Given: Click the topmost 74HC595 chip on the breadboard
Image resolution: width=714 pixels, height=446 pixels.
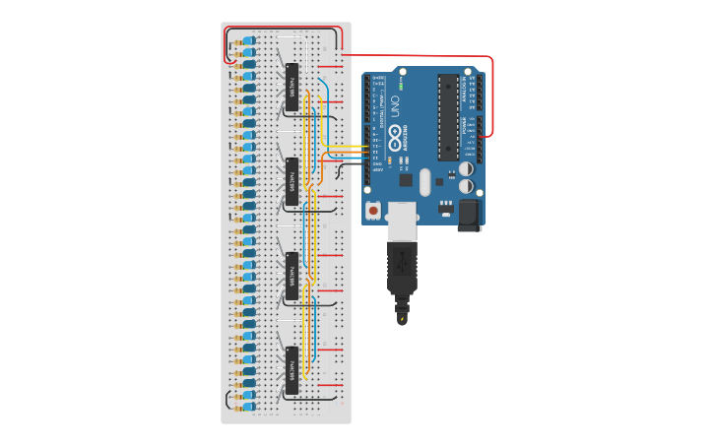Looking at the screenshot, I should tap(292, 87).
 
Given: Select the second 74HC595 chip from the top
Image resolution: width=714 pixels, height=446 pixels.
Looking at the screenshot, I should tap(292, 181).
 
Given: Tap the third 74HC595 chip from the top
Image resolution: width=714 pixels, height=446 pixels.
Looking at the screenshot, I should tap(292, 276).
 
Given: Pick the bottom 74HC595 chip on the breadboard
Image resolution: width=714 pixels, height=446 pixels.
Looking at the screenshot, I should tap(292, 370).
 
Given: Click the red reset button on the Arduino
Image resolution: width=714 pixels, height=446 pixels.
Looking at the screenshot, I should tap(373, 210).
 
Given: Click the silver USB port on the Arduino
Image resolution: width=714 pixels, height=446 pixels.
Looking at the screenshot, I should tap(402, 221).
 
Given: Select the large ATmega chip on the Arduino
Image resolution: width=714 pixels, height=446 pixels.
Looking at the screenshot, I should tap(448, 116).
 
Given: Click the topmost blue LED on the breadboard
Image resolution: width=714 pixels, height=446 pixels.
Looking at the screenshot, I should tap(248, 40).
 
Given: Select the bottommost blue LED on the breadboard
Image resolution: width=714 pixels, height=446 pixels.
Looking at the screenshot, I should tap(248, 406).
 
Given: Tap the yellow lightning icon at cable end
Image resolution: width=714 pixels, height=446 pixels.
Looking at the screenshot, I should tap(402, 318).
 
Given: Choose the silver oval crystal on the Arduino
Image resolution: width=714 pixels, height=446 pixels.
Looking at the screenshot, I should tap(425, 182).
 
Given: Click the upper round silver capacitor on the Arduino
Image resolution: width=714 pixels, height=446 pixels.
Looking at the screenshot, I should tap(466, 168).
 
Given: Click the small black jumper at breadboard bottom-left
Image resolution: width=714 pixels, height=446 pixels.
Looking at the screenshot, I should tap(228, 399).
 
